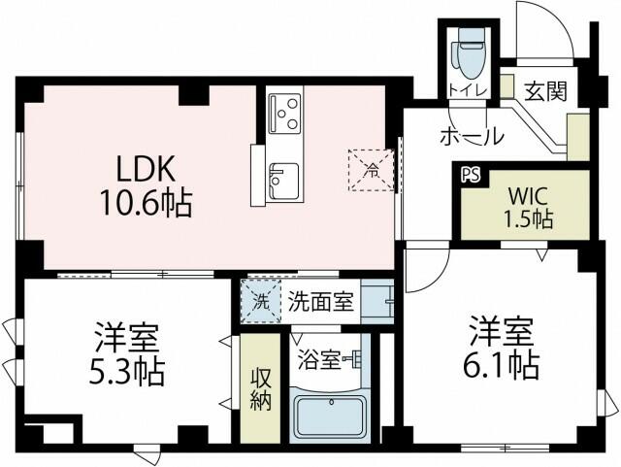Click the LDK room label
pos(147,170)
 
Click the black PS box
pos(471,176)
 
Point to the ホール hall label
pos(472,136)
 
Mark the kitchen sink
pos(283,177)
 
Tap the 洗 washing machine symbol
pos(259,301)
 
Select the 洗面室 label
pos(319,301)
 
